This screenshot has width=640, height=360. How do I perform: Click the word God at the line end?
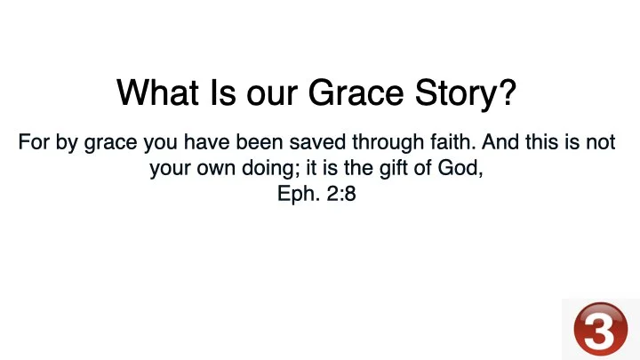462,168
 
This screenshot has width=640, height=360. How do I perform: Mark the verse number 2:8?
340,194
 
